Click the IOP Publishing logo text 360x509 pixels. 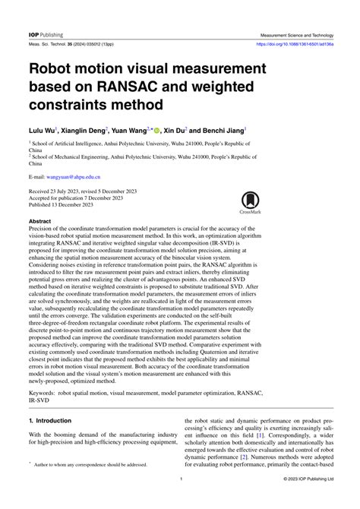click(46, 35)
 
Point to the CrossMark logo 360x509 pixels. click(251, 204)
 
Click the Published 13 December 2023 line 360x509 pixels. click(65, 204)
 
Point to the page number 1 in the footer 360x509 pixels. click(180, 500)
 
